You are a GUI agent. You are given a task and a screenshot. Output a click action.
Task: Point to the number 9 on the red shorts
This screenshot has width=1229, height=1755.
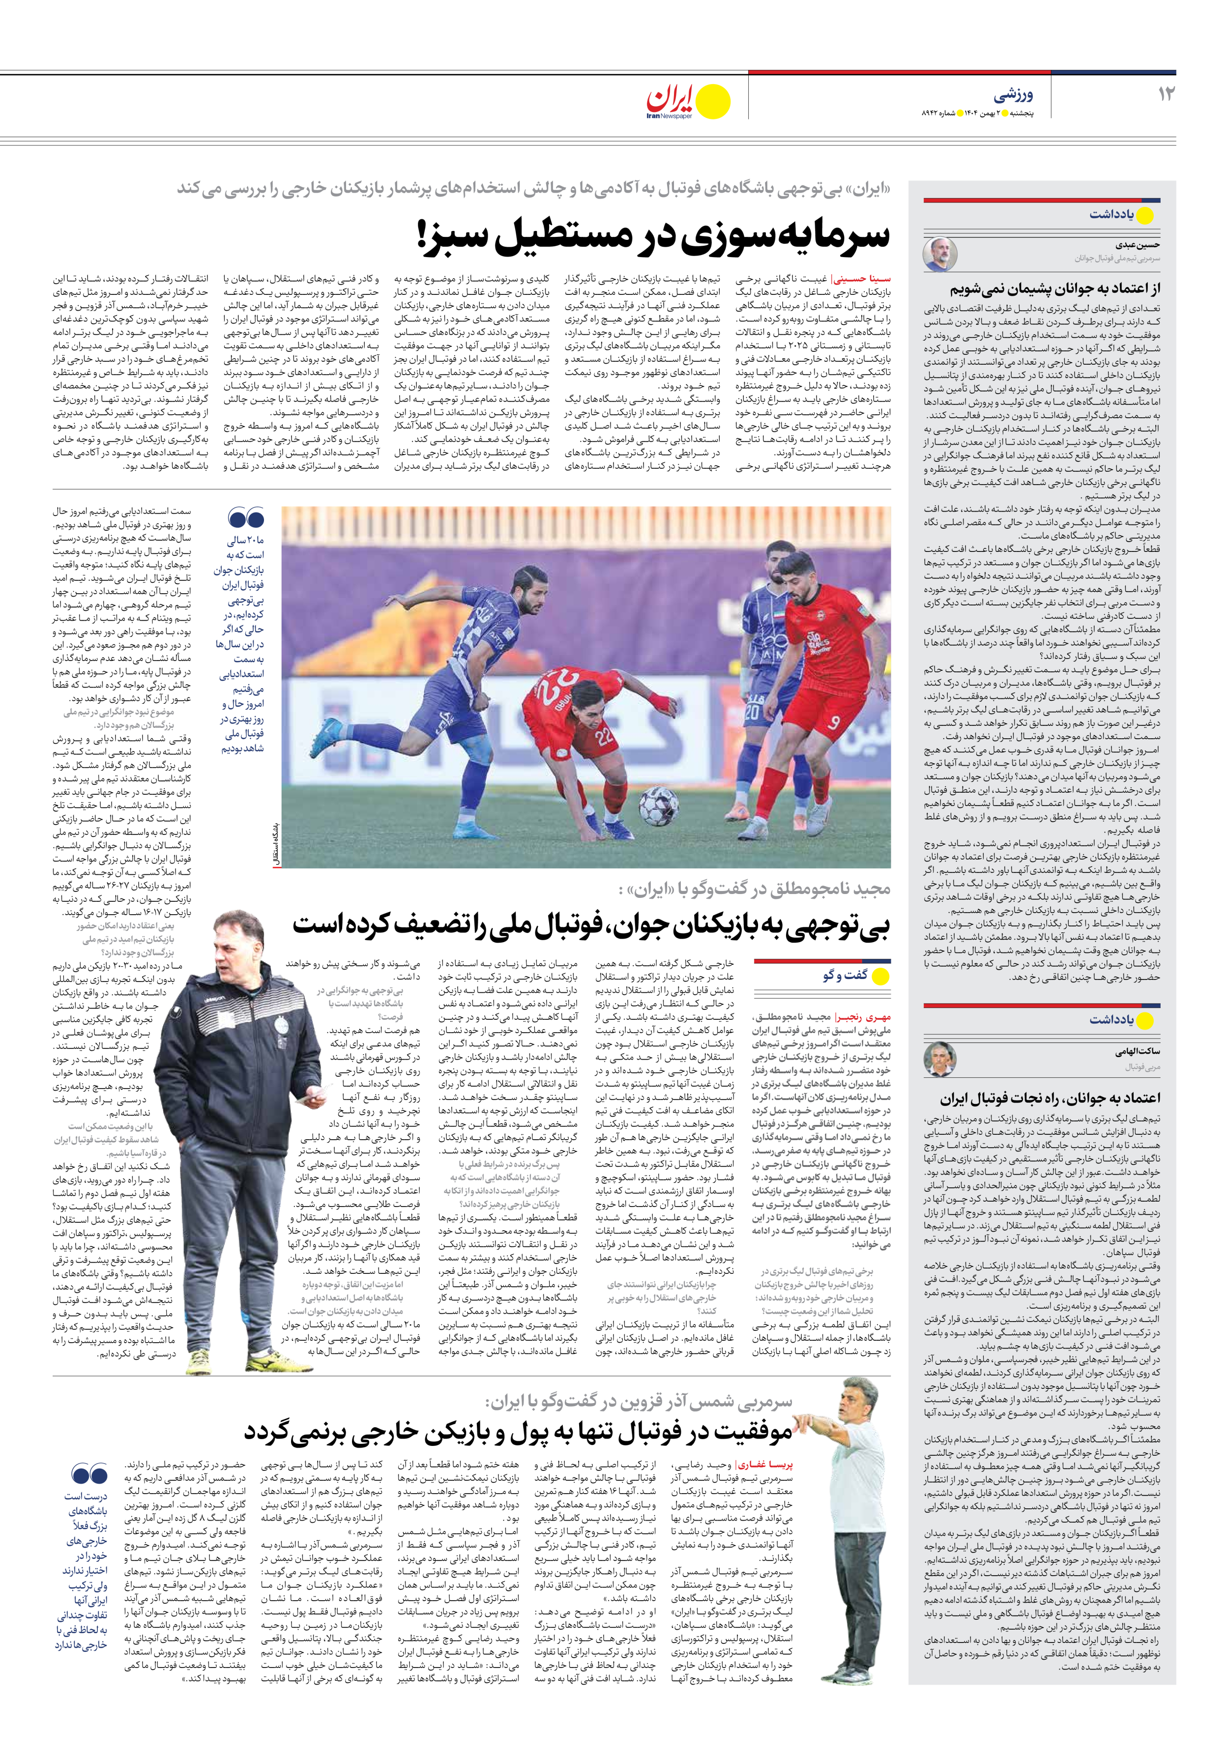[833, 721]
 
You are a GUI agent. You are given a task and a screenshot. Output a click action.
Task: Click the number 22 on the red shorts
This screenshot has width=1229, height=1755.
[606, 738]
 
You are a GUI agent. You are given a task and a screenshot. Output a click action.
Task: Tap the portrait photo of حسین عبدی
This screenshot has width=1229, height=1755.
[938, 254]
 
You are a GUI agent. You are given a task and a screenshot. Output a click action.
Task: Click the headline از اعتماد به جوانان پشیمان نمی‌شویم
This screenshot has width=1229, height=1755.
[1055, 289]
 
